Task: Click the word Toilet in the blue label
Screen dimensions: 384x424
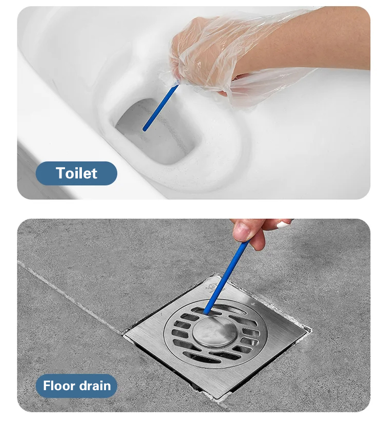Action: (76, 173)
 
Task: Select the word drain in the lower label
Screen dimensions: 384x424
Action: (95, 386)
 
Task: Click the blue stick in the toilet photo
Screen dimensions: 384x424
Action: (160, 108)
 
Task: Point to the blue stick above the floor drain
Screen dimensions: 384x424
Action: (226, 278)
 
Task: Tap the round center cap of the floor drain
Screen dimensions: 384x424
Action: (215, 332)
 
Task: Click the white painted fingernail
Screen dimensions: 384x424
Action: (284, 224)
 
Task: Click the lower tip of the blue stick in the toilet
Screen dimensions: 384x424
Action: (144, 130)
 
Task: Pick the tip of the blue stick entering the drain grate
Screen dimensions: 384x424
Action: (205, 314)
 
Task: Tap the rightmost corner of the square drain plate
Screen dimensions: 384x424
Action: (311, 329)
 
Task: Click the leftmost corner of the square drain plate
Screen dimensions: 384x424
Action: (124, 335)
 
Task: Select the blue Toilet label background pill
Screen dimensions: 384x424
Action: (76, 173)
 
